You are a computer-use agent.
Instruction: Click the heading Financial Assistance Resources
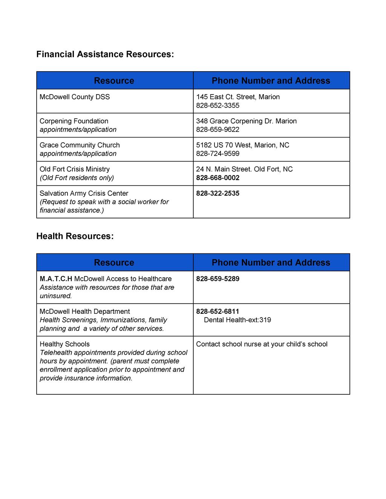(x=105, y=54)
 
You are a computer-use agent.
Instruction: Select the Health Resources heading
(x=75, y=236)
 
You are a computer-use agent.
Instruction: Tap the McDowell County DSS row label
(x=75, y=97)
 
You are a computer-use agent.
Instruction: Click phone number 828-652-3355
(x=218, y=105)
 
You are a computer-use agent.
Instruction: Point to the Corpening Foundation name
(x=74, y=121)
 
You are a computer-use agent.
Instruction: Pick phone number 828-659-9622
(x=218, y=130)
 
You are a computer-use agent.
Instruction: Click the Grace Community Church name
(x=80, y=145)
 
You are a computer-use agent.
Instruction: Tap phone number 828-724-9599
(x=218, y=154)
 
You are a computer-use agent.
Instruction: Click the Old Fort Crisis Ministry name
(x=75, y=169)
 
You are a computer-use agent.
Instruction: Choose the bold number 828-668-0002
(x=218, y=178)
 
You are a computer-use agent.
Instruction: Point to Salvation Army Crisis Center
(x=84, y=193)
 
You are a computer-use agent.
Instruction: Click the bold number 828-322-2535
(x=218, y=193)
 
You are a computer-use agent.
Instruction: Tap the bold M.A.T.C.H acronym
(x=56, y=279)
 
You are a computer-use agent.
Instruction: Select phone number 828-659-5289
(x=218, y=279)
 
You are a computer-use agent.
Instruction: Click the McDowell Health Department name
(x=84, y=311)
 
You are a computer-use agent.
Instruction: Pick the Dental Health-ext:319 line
(x=237, y=320)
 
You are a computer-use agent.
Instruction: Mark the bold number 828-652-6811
(x=218, y=311)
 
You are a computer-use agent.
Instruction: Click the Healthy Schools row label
(x=64, y=344)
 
